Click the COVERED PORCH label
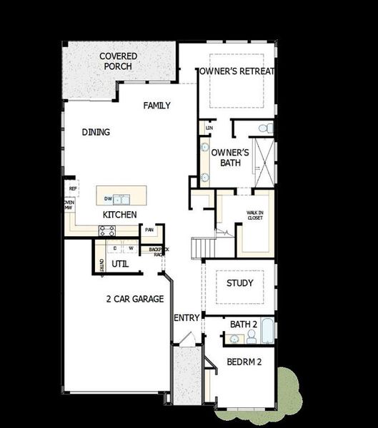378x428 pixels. point(119,61)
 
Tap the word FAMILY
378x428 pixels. point(156,106)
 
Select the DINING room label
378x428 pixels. point(96,132)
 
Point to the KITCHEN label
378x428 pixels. point(119,215)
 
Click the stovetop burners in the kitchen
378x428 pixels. point(107,230)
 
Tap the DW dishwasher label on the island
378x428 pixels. point(108,199)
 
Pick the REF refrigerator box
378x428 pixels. point(72,188)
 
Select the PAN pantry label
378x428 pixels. point(149,230)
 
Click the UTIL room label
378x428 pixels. point(120,264)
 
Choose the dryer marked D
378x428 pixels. point(116,248)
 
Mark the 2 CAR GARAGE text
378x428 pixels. point(135,299)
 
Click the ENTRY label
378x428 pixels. point(186,317)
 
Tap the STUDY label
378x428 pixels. point(239,283)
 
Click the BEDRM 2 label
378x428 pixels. point(244,362)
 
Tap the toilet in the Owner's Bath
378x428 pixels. point(263,128)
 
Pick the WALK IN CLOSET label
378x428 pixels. point(254,215)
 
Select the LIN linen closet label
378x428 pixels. point(209,128)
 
